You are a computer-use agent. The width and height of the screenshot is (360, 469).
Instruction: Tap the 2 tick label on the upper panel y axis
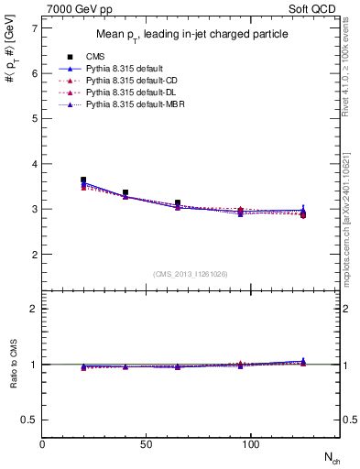[x=34, y=254]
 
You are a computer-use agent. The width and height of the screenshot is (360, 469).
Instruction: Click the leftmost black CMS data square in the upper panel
[x=83, y=180]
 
